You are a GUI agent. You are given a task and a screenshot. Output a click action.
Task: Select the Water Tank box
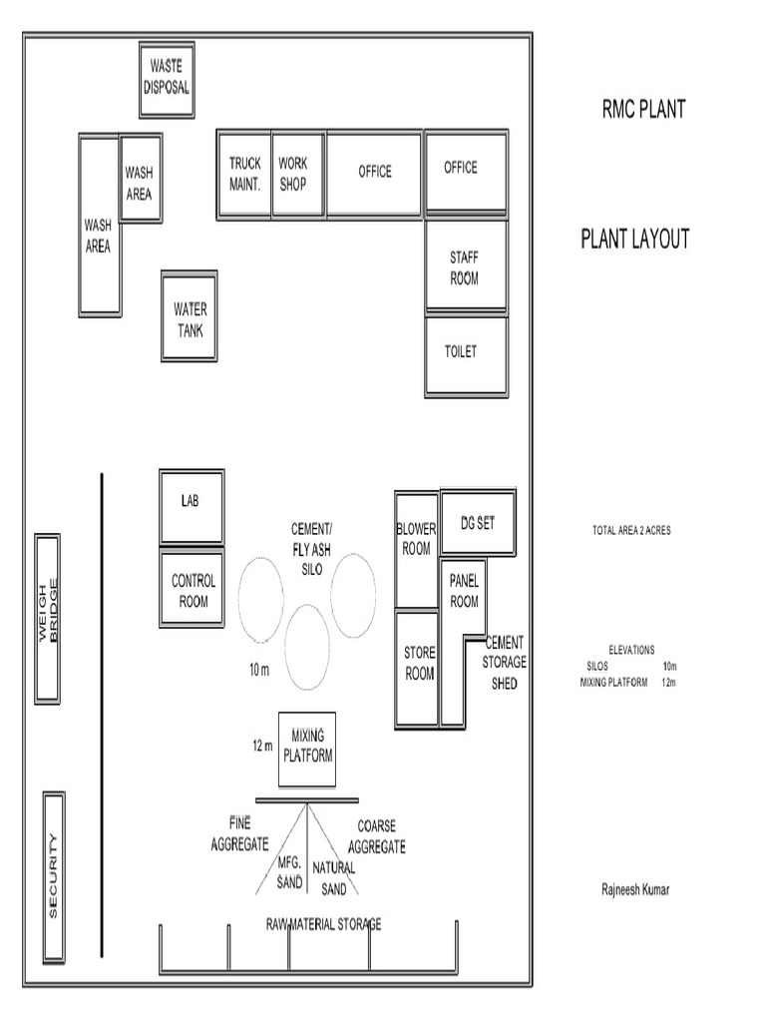coord(190,316)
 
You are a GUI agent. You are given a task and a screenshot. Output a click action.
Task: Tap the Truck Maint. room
coord(244,173)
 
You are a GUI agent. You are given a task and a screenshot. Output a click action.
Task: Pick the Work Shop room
coord(297,173)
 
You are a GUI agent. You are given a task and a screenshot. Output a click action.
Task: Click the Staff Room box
coord(465,267)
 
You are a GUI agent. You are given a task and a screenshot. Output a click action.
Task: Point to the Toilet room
coord(465,354)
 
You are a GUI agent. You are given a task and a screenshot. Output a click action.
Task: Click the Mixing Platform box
coord(307,747)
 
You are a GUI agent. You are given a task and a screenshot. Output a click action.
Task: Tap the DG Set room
coord(478,522)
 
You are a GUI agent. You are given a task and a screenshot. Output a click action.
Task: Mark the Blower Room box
coord(417,549)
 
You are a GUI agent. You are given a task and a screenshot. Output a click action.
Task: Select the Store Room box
coord(418,667)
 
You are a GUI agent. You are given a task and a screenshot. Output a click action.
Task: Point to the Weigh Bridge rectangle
coord(49,618)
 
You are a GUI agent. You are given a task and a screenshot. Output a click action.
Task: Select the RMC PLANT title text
coord(642,110)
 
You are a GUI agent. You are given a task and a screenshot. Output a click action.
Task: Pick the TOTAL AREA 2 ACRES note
coord(630,531)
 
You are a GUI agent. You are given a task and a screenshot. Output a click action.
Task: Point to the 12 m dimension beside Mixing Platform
coord(261,746)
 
